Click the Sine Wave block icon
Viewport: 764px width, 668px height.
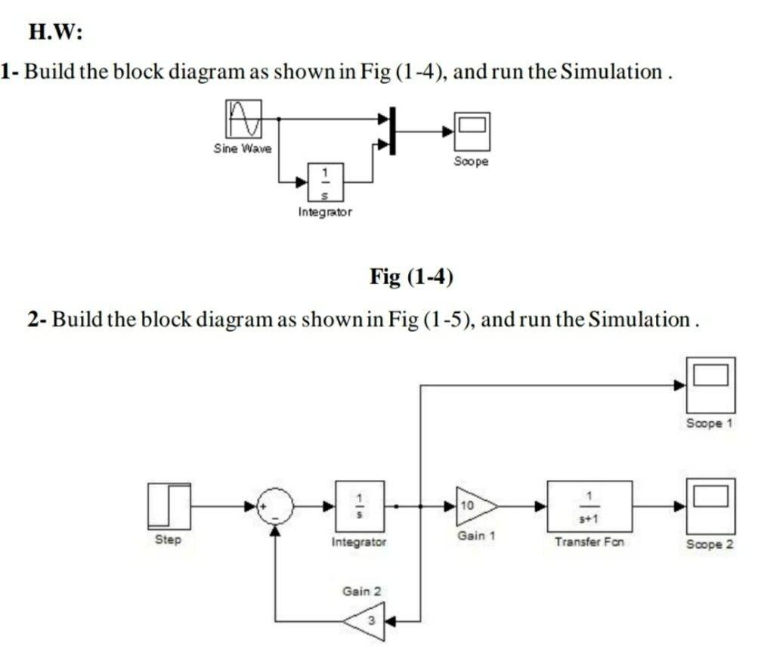point(243,119)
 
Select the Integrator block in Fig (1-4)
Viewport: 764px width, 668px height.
point(325,181)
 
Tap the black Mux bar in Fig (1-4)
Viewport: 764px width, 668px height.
point(391,131)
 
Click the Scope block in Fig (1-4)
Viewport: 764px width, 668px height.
point(472,131)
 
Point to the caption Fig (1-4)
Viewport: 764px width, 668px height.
point(411,277)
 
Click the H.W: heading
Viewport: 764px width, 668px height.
point(55,32)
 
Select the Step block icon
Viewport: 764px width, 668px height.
point(169,506)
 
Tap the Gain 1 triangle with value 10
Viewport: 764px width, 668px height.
point(473,506)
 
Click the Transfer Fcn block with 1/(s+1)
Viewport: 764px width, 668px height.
point(589,506)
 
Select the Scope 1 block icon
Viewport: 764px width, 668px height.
point(710,384)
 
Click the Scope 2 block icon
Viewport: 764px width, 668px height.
point(710,506)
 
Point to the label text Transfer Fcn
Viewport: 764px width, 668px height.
point(589,542)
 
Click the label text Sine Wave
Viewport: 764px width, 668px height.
point(242,149)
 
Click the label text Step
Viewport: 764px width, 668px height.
point(169,540)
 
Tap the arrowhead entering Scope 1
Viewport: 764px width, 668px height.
point(680,385)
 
